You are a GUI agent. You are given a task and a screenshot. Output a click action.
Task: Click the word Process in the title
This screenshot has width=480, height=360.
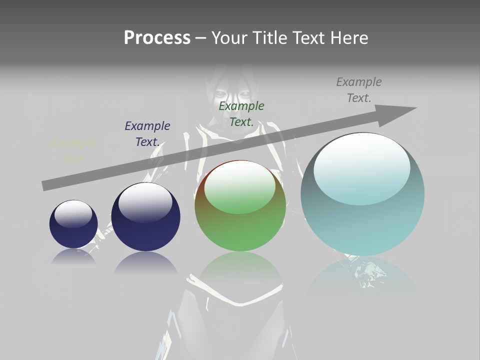coord(157,38)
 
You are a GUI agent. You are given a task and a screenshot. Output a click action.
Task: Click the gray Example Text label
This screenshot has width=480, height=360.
coord(359,90)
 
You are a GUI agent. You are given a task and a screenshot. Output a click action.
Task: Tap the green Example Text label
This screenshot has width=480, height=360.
coord(241,113)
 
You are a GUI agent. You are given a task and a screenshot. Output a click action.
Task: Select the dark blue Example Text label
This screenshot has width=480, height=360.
coord(147,133)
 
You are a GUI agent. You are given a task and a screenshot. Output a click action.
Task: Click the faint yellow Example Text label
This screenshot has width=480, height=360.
coord(73,151)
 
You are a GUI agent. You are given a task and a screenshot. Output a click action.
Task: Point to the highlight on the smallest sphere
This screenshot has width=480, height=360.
coord(73,213)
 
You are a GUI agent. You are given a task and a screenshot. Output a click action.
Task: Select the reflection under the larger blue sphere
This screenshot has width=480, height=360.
coord(145,263)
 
